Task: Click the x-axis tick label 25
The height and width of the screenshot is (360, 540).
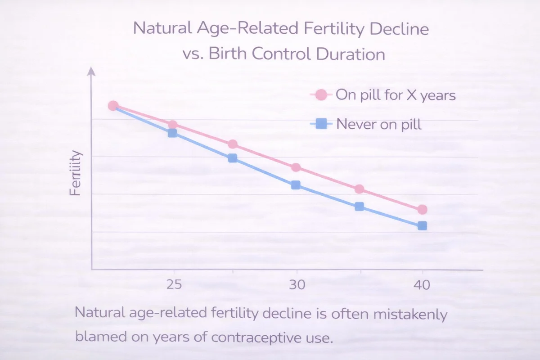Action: pyautogui.click(x=174, y=285)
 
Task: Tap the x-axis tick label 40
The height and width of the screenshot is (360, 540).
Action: pyautogui.click(x=422, y=285)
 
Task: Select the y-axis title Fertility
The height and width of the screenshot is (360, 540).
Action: pyautogui.click(x=76, y=173)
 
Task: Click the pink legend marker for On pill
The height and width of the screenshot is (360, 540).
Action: pyautogui.click(x=321, y=95)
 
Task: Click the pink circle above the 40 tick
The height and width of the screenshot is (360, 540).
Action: pyautogui.click(x=422, y=210)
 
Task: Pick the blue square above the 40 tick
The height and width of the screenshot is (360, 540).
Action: pyautogui.click(x=422, y=226)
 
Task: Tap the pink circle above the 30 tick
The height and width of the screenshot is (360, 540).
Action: pyautogui.click(x=296, y=167)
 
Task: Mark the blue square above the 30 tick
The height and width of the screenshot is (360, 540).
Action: pyautogui.click(x=296, y=185)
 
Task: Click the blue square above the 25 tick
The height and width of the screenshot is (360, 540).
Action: pyautogui.click(x=172, y=133)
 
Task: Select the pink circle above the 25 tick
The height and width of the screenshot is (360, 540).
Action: pyautogui.click(x=172, y=125)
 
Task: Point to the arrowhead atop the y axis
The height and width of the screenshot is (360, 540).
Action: pyautogui.click(x=91, y=71)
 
